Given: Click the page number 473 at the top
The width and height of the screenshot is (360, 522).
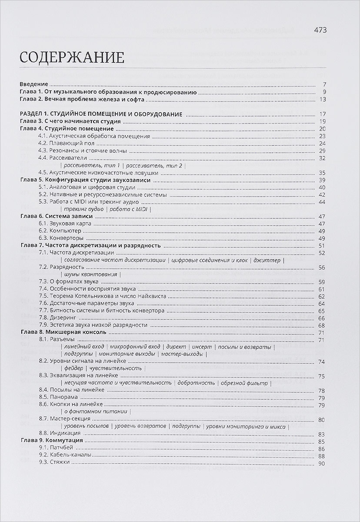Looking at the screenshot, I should click(x=320, y=30).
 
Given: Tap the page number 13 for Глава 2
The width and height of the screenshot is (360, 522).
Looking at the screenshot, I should click(x=322, y=100).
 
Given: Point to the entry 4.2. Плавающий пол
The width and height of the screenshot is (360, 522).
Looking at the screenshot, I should click(x=65, y=143).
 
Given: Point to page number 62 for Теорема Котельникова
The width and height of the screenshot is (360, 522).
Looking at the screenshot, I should click(x=322, y=296).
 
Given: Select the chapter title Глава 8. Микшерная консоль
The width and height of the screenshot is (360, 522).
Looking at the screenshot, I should click(x=64, y=332).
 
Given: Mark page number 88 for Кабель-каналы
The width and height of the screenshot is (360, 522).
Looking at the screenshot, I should click(x=322, y=456).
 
